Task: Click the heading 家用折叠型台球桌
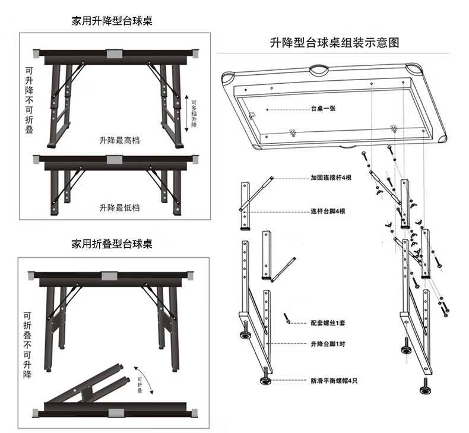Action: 112,244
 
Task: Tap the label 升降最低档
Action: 119,207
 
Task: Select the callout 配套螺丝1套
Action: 327,323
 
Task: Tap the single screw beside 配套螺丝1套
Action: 287,319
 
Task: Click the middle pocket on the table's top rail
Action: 319,71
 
